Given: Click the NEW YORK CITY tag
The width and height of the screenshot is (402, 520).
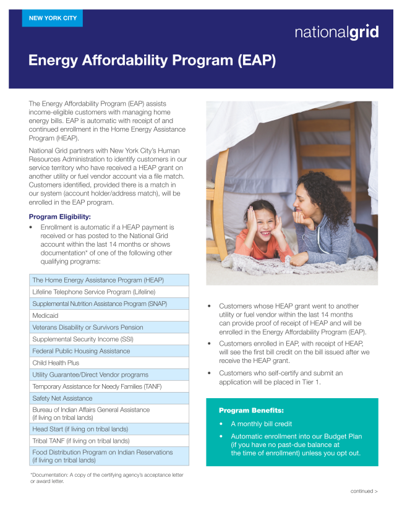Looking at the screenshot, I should pos(53,19).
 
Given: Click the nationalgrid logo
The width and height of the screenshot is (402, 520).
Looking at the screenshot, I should pos(336,33).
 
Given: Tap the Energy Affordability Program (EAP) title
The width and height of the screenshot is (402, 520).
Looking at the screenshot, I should pos(152,61).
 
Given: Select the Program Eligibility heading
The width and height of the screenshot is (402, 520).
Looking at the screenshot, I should pos(60,216).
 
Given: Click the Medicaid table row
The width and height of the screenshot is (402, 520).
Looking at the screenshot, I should pos(109,315).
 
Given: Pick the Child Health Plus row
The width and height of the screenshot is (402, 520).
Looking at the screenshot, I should pos(109,363).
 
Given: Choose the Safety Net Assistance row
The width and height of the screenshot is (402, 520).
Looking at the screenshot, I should pos(109,398).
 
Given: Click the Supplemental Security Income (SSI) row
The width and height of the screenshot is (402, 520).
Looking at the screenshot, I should pos(109,339).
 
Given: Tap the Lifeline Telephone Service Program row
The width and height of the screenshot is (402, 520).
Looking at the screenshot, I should pos(109,292).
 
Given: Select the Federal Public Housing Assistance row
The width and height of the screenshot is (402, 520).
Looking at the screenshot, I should pos(109,351).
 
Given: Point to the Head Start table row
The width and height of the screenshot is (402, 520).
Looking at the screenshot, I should pos(109,429).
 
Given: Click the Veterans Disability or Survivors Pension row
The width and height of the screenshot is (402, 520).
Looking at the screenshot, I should pos(109,328).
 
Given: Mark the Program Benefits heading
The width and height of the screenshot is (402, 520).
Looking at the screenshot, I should pos(251,411).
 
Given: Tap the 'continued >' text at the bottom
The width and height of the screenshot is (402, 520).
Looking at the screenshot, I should pos(364,491).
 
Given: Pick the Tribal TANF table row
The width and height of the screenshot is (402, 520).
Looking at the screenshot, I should pos(109,441).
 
